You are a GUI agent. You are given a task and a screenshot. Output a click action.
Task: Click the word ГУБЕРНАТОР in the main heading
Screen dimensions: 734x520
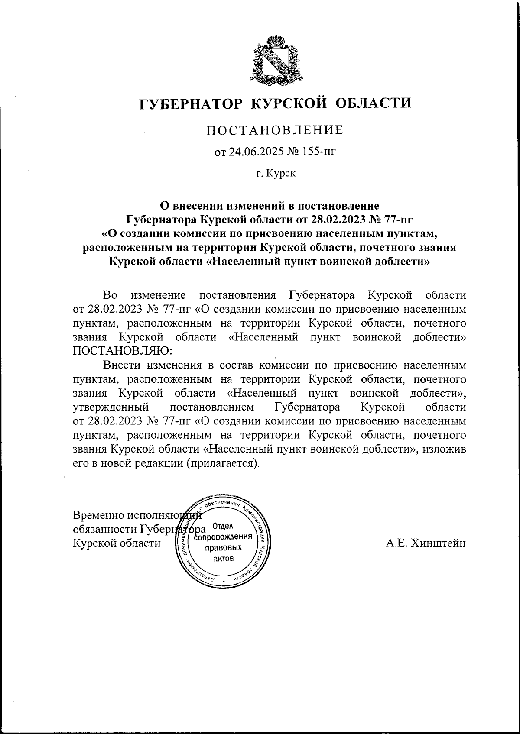[x=191, y=103]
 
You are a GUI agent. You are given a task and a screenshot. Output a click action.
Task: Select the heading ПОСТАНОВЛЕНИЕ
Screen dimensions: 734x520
[x=275, y=130]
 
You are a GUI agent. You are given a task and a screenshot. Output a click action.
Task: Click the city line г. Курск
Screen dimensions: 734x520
[x=275, y=174]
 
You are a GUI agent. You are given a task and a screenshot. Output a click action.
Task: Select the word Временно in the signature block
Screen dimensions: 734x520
[x=98, y=515]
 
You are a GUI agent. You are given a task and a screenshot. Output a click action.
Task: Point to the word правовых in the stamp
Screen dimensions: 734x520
[x=223, y=548]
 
